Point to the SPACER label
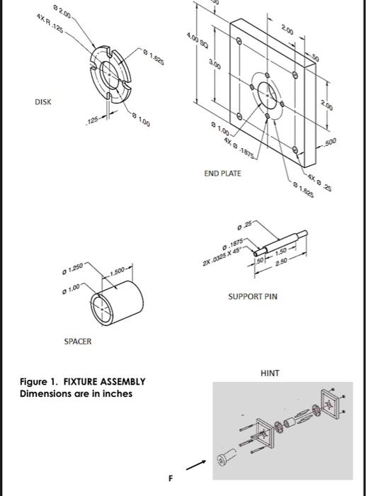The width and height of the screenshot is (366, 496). point(78,341)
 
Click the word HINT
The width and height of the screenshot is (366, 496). point(270,372)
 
